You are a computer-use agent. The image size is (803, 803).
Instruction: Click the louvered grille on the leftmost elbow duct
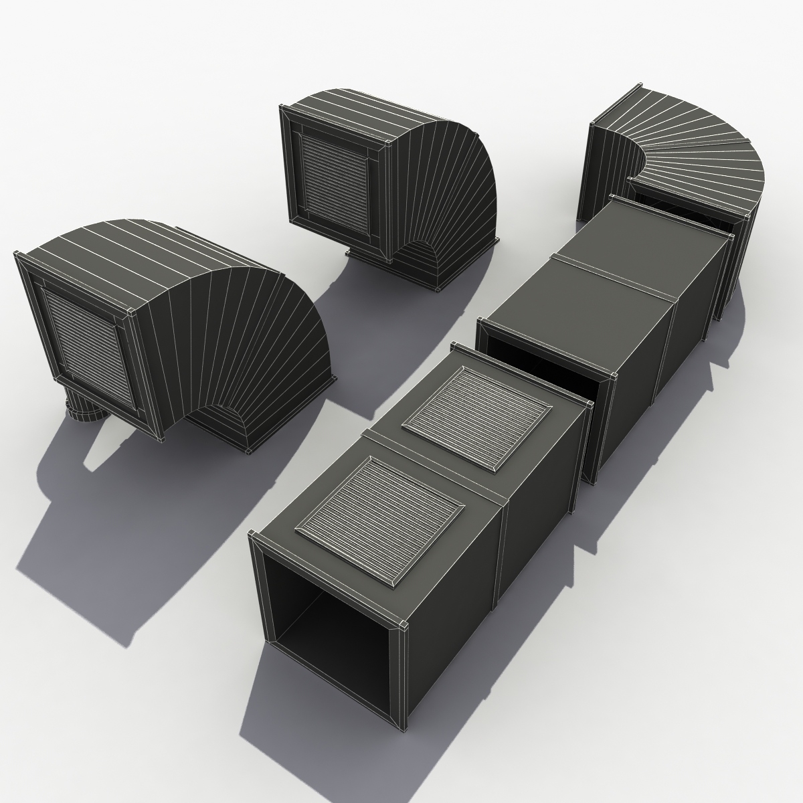(x=90, y=348)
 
